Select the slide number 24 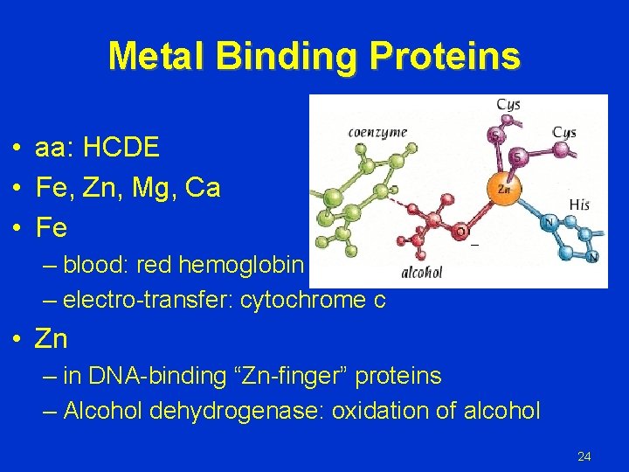[x=584, y=456]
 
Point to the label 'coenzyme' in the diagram [x=377, y=132]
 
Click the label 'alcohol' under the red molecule [x=421, y=272]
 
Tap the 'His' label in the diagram [x=579, y=204]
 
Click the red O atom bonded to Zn [x=460, y=232]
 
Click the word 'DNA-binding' [x=140, y=377]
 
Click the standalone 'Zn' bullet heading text [x=51, y=338]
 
